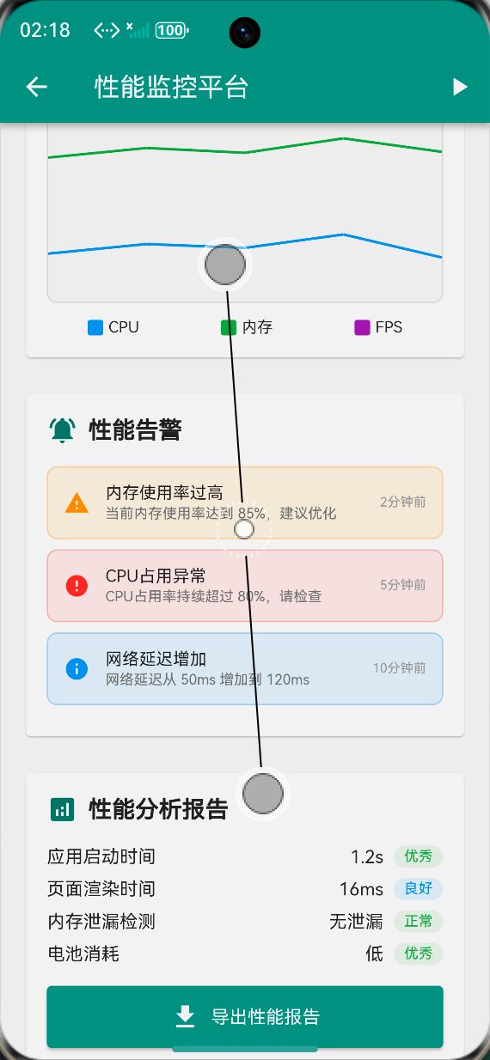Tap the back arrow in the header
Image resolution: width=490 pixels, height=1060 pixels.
(x=36, y=87)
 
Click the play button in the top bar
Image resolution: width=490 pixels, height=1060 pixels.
(x=460, y=87)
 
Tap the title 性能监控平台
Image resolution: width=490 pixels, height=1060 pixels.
(x=171, y=87)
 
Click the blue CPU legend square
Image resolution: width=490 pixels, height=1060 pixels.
(x=95, y=327)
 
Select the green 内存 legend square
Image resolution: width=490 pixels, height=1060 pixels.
(x=229, y=327)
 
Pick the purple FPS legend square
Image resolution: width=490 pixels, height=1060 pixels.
(x=362, y=327)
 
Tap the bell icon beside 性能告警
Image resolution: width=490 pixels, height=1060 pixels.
(x=63, y=429)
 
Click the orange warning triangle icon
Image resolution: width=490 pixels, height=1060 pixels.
(x=77, y=503)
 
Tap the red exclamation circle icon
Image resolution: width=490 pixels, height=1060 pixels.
(x=77, y=586)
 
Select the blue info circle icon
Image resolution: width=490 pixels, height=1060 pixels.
(x=77, y=668)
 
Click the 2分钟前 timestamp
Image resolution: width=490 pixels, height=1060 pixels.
(x=402, y=502)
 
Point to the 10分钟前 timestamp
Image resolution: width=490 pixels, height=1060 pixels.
(x=399, y=667)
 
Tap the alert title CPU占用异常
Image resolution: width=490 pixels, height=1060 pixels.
(x=156, y=576)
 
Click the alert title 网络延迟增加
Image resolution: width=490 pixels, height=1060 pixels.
(x=156, y=659)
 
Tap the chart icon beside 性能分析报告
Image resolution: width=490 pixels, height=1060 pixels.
(x=62, y=808)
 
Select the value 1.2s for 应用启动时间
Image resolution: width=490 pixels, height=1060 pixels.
(x=366, y=856)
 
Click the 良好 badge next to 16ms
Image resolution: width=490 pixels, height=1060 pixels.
(x=418, y=889)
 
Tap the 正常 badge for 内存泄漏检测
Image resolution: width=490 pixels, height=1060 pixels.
(x=418, y=922)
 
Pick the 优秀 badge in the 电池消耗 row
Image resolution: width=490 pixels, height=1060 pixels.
(x=418, y=953)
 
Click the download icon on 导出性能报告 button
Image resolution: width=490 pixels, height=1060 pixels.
(x=185, y=1017)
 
